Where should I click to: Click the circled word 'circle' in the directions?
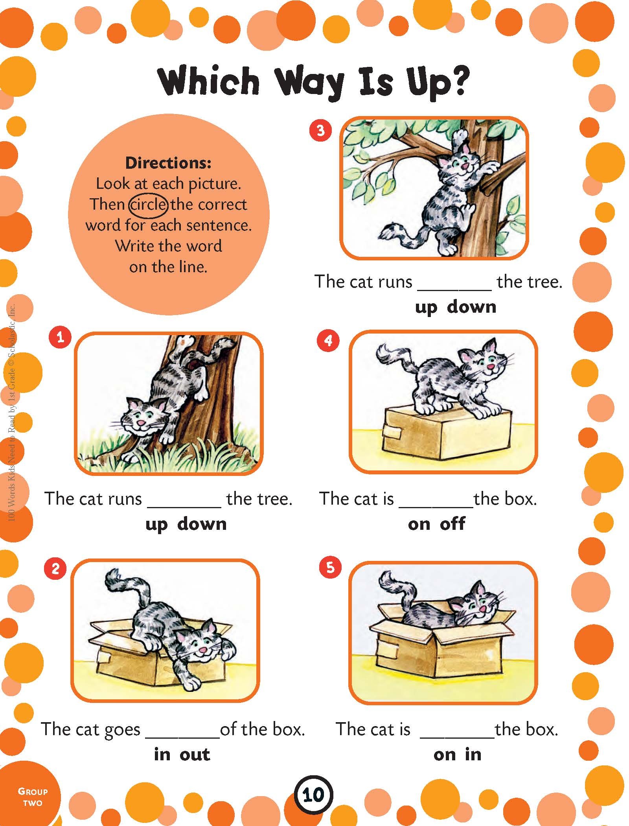pos(149,205)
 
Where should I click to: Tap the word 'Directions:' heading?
pos(168,162)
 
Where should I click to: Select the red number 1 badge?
pos(61,337)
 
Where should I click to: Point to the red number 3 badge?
pos(321,130)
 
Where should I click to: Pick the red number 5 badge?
pos(330,567)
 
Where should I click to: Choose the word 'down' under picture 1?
pos(202,524)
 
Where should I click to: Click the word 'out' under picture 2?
pos(195,754)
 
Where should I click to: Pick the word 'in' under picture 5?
pos(473,754)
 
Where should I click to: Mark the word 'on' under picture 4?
pos(419,524)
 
